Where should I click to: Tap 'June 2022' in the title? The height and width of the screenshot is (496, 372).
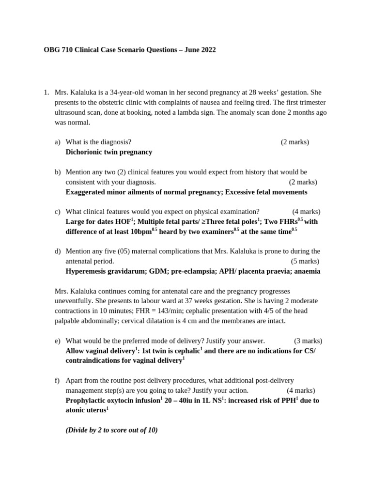click(x=199, y=50)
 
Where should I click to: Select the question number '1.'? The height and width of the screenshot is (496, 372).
click(x=46, y=93)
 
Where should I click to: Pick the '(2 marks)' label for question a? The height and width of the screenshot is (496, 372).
click(x=294, y=142)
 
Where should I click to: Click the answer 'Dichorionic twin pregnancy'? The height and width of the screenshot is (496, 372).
click(x=108, y=152)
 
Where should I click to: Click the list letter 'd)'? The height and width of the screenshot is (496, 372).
click(x=58, y=251)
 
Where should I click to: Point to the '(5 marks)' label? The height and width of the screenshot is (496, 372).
click(x=305, y=261)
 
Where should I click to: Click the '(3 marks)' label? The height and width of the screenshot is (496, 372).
click(x=308, y=341)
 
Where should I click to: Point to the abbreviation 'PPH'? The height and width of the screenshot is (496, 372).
click(x=287, y=401)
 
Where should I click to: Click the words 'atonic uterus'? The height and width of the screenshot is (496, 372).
click(x=85, y=410)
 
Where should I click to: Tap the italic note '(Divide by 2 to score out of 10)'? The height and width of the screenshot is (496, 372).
click(x=111, y=430)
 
